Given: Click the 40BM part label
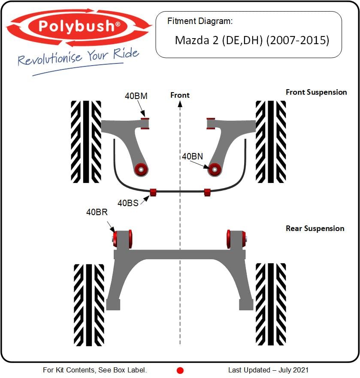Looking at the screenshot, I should (x=136, y=96).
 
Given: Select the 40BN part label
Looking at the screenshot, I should (x=192, y=157).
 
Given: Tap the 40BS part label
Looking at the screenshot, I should (x=128, y=203).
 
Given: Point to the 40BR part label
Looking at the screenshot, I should (x=97, y=212).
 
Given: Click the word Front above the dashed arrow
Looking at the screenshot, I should (x=180, y=95).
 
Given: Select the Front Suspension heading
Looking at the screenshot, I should (x=316, y=92).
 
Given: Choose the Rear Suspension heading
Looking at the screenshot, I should (x=315, y=228).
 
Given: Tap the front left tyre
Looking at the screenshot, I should (x=86, y=141).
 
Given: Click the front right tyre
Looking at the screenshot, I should (x=271, y=141).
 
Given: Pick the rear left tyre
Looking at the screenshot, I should (x=89, y=304).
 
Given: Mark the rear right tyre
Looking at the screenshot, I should (x=271, y=304).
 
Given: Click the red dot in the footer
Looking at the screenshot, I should (x=180, y=370).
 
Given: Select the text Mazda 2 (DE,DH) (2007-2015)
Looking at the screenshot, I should (x=252, y=40).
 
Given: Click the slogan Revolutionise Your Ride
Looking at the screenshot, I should (x=79, y=57).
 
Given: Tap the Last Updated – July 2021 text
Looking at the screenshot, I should (x=268, y=370).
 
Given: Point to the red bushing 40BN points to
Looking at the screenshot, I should (x=214, y=169).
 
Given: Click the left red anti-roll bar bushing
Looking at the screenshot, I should (x=153, y=192).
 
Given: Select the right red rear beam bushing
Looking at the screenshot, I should (x=237, y=238).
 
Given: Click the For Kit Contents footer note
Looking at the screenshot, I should (x=95, y=370).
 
